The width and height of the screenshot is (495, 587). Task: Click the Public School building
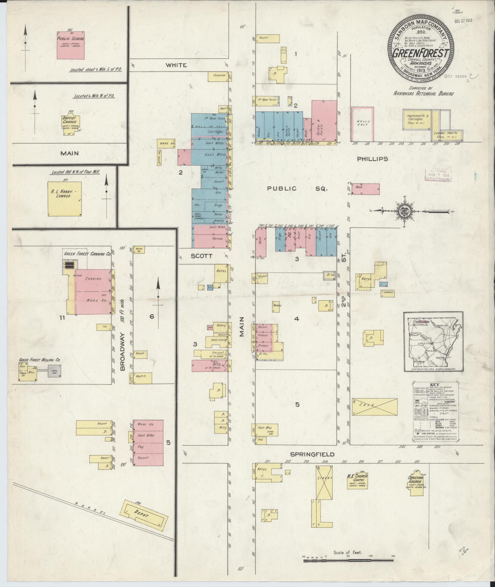70,45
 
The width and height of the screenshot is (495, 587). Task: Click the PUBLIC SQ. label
297,189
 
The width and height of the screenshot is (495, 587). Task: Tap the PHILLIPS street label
372,159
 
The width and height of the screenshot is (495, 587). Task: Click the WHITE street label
176,65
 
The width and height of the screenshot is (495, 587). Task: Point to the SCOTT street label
201,256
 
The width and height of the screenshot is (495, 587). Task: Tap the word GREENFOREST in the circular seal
421,53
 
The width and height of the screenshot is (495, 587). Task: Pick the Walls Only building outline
362,123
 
